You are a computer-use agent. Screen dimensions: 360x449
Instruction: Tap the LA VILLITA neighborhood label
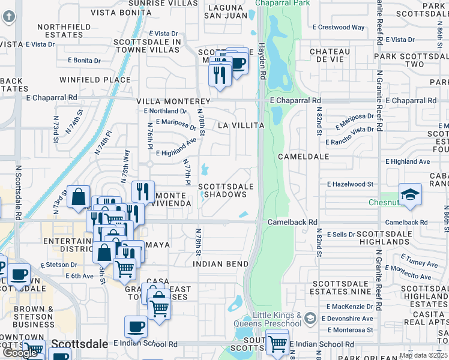pos(241,125)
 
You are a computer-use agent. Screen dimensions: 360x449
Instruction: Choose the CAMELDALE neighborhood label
pos(304,156)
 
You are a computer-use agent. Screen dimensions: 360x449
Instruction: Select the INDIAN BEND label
pos(220,264)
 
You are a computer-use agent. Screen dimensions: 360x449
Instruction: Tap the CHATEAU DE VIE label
pos(330,56)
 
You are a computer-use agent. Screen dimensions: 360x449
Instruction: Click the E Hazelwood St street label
pos(351,184)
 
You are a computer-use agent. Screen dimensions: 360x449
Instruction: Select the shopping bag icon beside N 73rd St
pos(79,196)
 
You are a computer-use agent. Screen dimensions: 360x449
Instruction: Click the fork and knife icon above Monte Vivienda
pos(142,191)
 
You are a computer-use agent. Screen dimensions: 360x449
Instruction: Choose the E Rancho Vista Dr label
pos(350,135)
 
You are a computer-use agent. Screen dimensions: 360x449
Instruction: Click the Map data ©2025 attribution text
pos(423,355)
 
